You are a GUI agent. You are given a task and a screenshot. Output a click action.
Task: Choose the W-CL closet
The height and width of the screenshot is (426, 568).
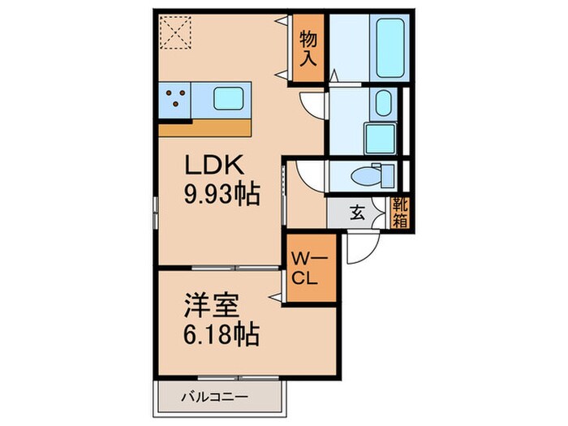(309, 267)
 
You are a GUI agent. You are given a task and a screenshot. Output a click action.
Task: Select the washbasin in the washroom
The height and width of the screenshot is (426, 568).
(384, 102)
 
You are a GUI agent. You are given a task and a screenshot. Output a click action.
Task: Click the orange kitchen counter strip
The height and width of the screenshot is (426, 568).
(204, 128)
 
